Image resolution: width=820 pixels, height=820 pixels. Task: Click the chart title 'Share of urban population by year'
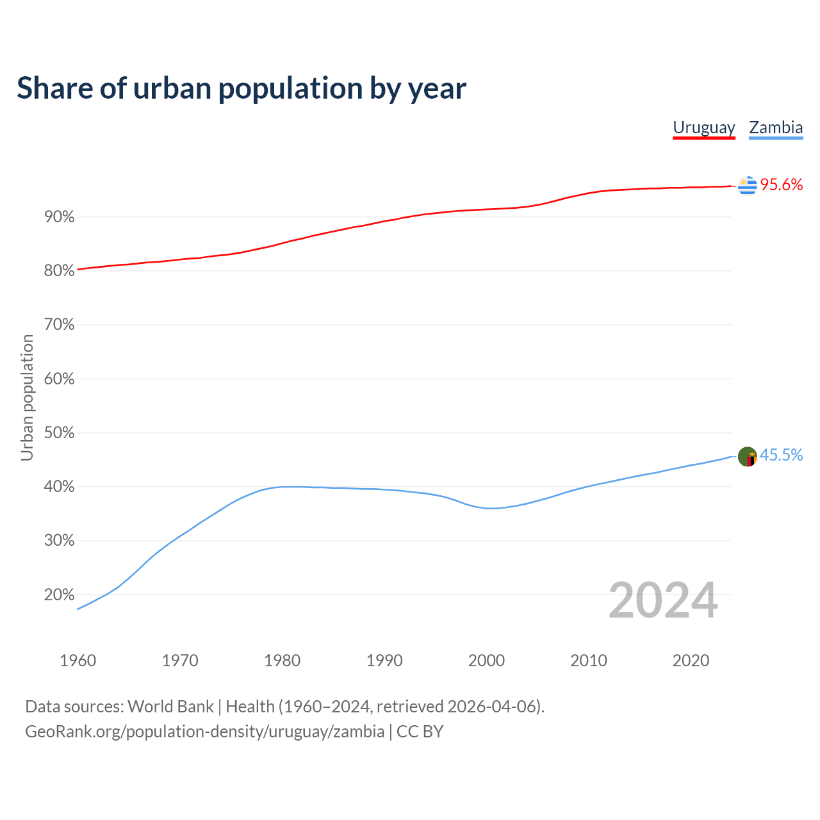(x=241, y=88)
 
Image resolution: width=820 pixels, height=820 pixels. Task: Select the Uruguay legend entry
(x=703, y=127)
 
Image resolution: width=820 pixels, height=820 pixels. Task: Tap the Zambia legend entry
(x=776, y=127)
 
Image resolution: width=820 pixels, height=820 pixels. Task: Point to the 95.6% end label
(x=782, y=185)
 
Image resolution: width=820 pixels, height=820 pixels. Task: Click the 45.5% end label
(x=781, y=455)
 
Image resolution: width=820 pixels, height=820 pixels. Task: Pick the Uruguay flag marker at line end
(x=747, y=186)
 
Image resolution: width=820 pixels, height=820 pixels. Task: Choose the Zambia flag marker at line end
(x=747, y=457)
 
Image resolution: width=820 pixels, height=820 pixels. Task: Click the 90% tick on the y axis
(x=59, y=217)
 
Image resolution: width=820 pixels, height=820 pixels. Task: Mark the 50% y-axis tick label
(x=59, y=433)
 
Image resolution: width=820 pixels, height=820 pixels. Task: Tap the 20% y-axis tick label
(x=59, y=595)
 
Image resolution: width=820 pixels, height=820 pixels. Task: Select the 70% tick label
(x=59, y=325)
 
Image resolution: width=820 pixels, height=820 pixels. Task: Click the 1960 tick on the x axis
(x=78, y=660)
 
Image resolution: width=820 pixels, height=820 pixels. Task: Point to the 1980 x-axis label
(x=282, y=660)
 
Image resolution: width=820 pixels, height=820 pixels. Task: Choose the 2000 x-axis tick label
(x=486, y=660)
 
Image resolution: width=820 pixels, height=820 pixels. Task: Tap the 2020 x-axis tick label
(x=691, y=660)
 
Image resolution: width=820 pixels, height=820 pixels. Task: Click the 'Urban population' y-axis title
(x=27, y=397)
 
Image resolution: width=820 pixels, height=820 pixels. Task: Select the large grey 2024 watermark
(x=663, y=601)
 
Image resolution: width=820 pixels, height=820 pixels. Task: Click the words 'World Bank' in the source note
(x=170, y=707)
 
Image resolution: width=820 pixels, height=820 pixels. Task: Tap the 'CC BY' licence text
(x=420, y=732)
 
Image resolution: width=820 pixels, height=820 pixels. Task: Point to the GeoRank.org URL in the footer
(x=204, y=732)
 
